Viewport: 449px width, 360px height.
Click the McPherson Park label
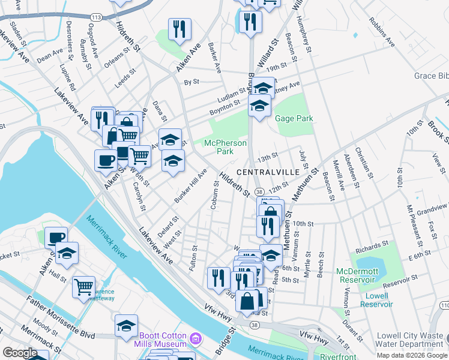[x=218, y=147]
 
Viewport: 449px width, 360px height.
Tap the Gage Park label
[x=294, y=119]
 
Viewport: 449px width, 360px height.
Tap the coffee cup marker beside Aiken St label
[x=106, y=160]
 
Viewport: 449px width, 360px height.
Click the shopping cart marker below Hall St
[x=83, y=286]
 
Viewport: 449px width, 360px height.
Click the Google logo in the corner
[x=20, y=353]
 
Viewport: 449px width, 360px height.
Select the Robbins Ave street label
[x=382, y=35]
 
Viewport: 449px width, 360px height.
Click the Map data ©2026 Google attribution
[x=412, y=355]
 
